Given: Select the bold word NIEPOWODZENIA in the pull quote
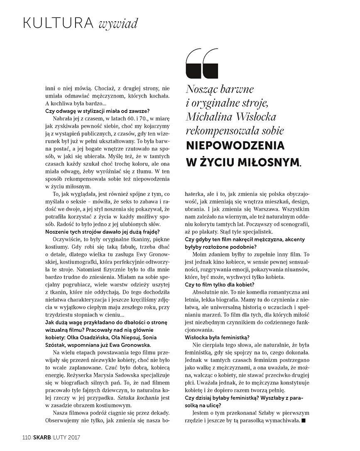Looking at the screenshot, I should click(x=235, y=146).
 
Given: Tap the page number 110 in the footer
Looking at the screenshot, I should click(x=27, y=437).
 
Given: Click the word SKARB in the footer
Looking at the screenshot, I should click(x=42, y=437).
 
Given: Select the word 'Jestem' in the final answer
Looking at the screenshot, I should click(x=202, y=414).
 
